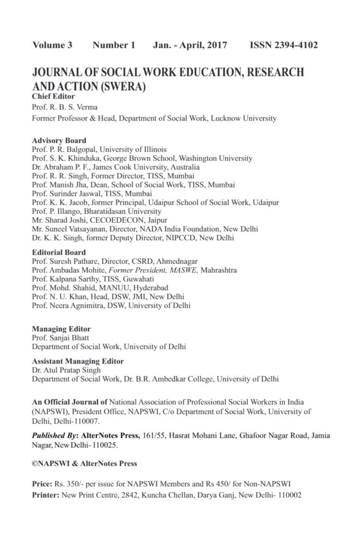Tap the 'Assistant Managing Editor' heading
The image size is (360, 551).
click(77, 361)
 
